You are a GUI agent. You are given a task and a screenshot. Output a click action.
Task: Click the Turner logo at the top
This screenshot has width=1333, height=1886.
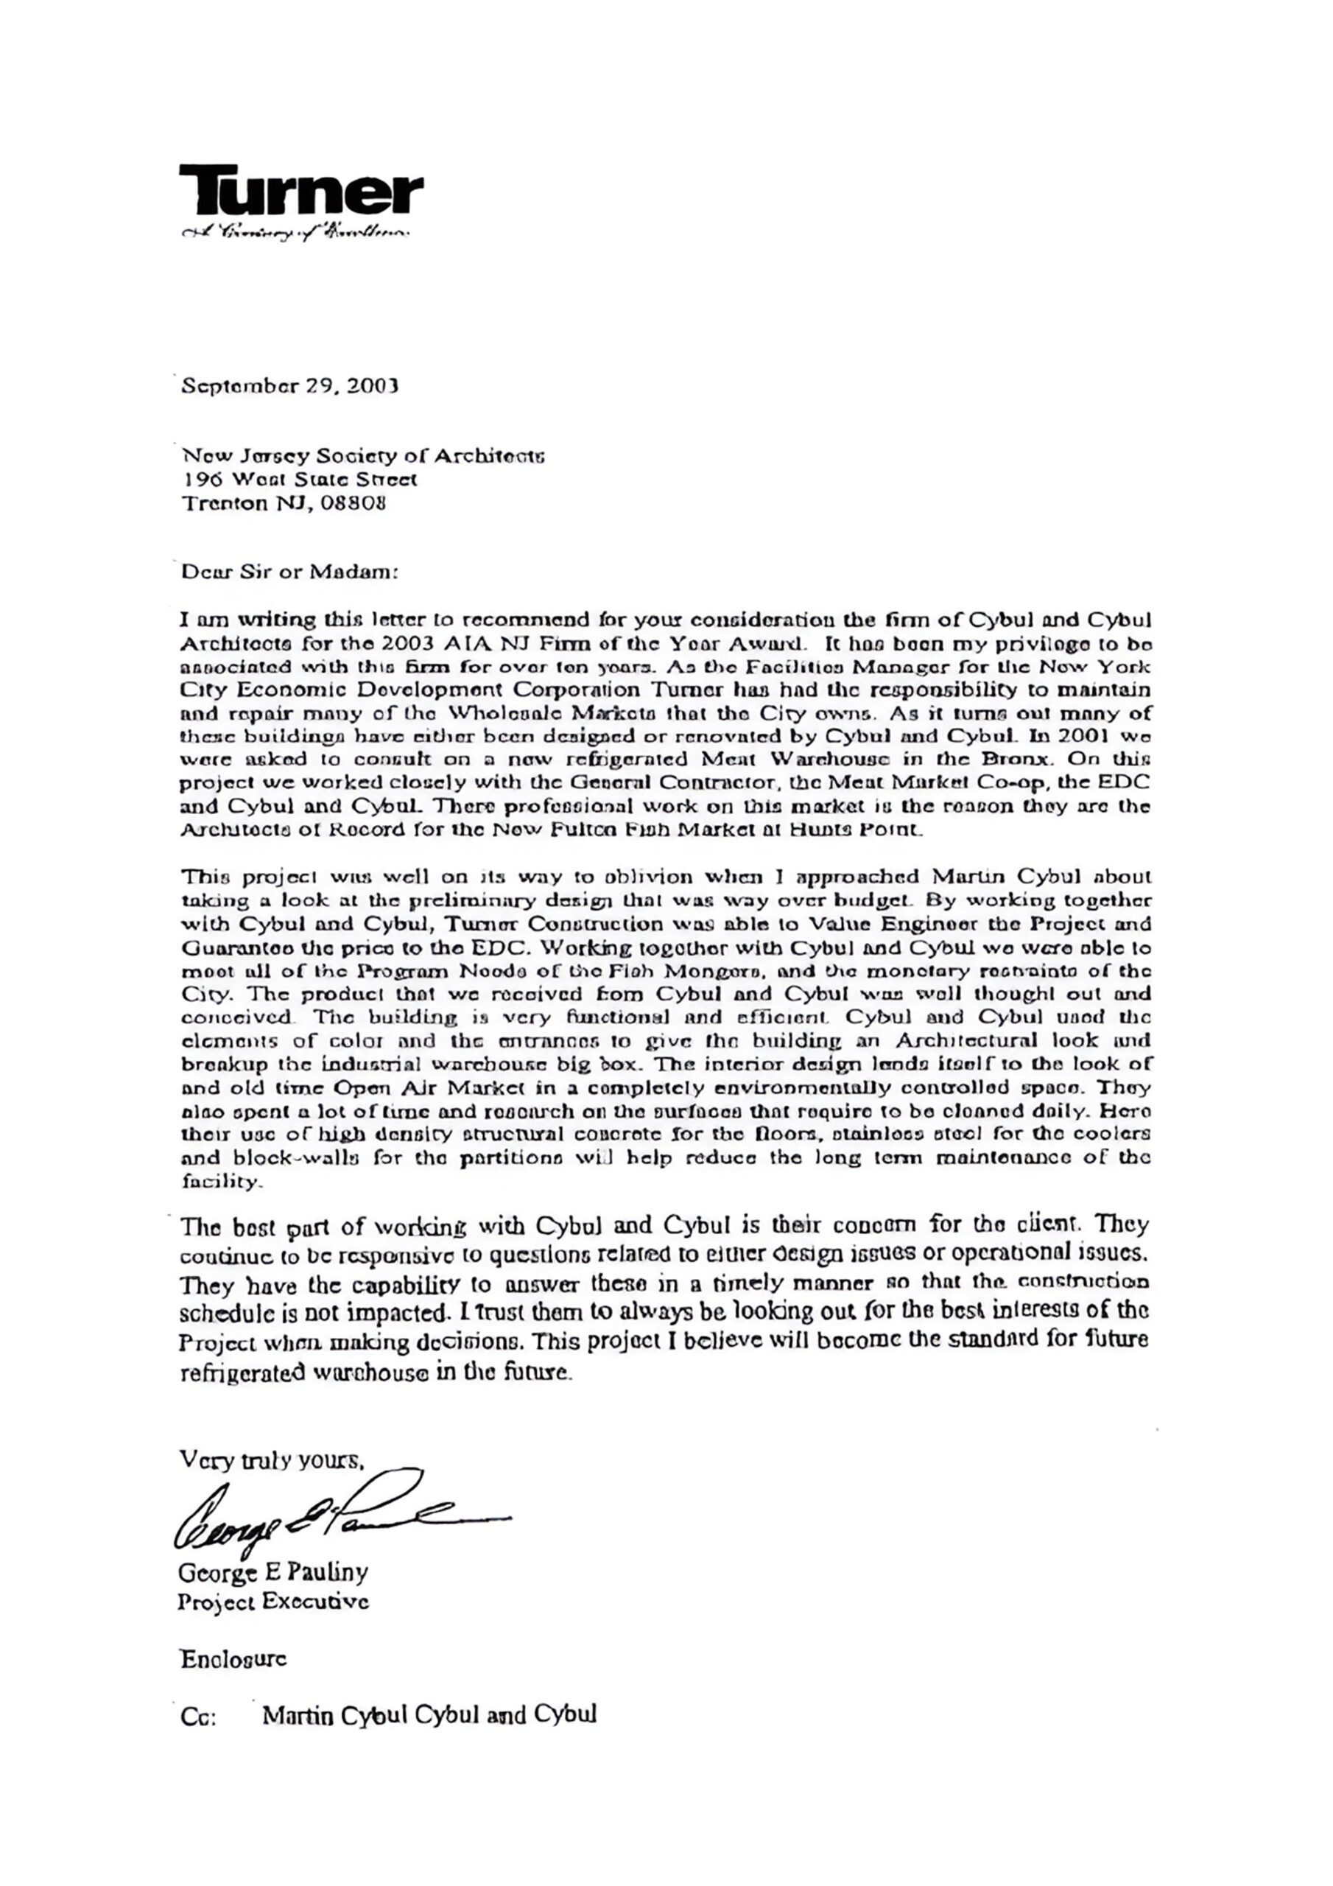click(x=300, y=192)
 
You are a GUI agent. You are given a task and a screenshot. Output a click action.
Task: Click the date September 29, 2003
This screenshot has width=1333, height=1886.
click(x=289, y=385)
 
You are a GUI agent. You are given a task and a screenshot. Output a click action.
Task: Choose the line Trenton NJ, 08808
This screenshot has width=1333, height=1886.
click(x=283, y=502)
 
